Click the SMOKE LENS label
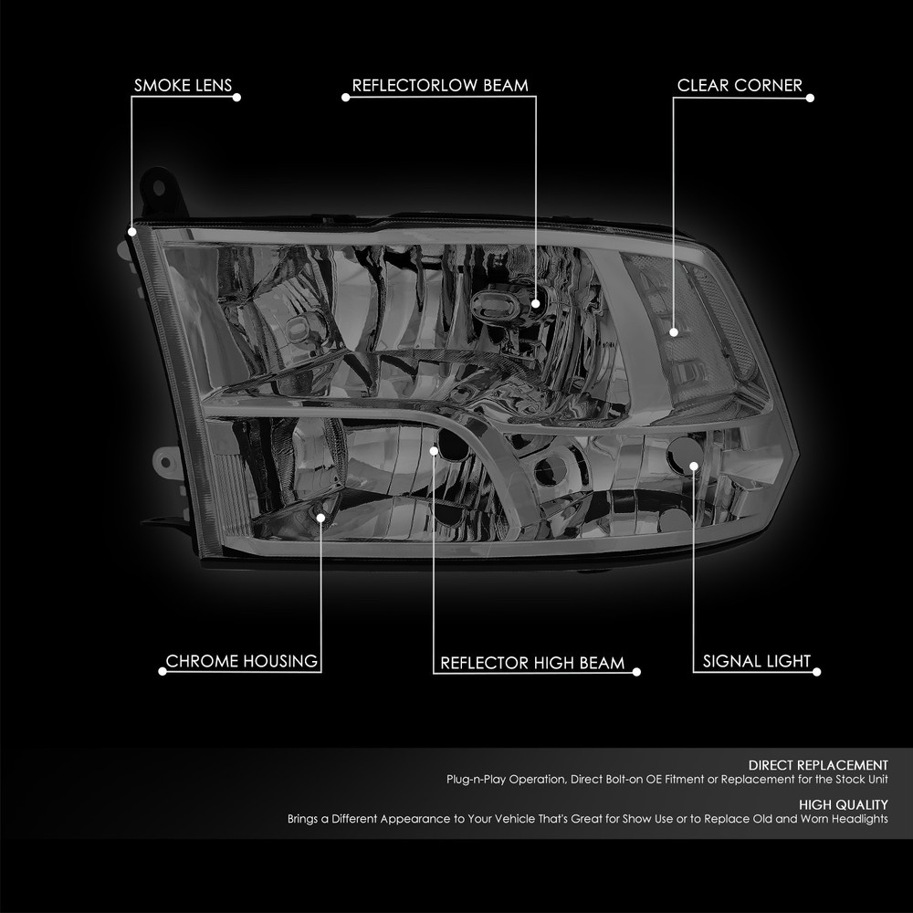(183, 86)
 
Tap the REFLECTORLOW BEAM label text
(440, 86)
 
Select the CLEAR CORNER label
(740, 86)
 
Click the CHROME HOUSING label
(242, 661)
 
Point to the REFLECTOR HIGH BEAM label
(532, 663)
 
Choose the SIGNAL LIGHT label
(756, 661)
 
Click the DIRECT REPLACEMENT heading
(818, 765)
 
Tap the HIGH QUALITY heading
(843, 804)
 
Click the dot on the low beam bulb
(536, 303)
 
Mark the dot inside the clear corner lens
(674, 332)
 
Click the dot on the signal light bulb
(694, 466)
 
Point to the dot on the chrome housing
(320, 518)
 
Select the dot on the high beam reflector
(433, 451)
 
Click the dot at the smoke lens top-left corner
(131, 232)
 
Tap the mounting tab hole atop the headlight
(158, 187)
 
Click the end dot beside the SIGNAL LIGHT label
(816, 672)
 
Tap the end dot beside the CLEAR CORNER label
(810, 98)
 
